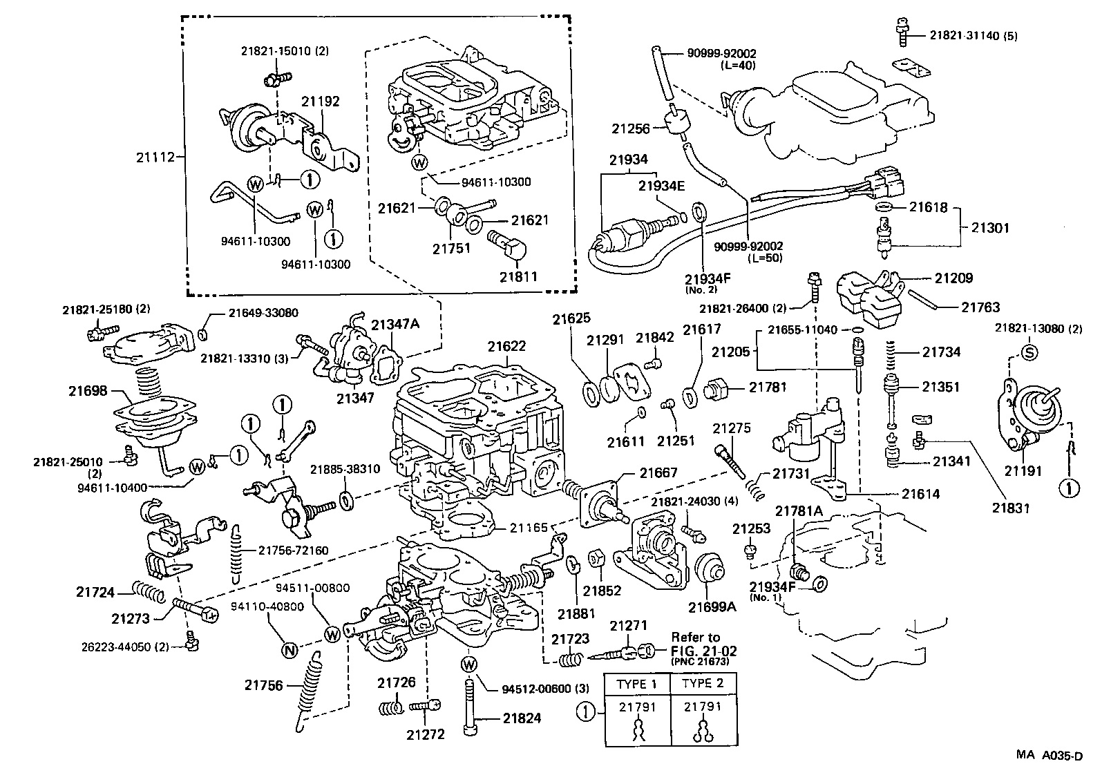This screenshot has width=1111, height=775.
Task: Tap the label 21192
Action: click(x=320, y=102)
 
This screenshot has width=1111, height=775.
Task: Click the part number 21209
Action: click(x=953, y=278)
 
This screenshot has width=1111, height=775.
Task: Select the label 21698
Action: click(x=88, y=391)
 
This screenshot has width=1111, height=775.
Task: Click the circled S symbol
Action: click(x=1028, y=352)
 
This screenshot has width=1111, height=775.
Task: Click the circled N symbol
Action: click(x=290, y=649)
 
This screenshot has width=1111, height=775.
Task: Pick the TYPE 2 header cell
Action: click(x=702, y=684)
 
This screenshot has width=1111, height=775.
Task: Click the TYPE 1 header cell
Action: click(x=637, y=684)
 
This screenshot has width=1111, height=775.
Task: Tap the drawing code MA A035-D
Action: click(x=1049, y=756)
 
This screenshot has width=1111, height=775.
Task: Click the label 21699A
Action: click(x=712, y=607)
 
